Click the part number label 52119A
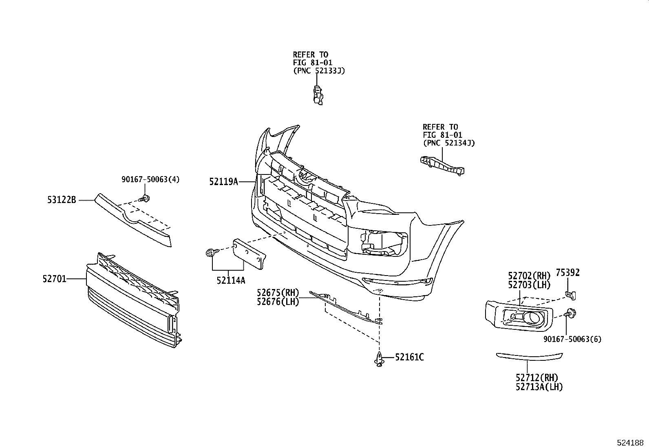point(224,182)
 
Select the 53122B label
point(61,200)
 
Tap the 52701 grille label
point(54,279)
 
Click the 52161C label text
point(409,358)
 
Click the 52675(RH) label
point(278,293)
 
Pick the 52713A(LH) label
point(539,387)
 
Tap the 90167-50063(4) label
point(150,179)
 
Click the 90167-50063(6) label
point(572,339)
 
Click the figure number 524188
point(631,442)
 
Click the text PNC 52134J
point(449,143)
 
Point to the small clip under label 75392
point(570,293)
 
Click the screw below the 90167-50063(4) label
point(145,199)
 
